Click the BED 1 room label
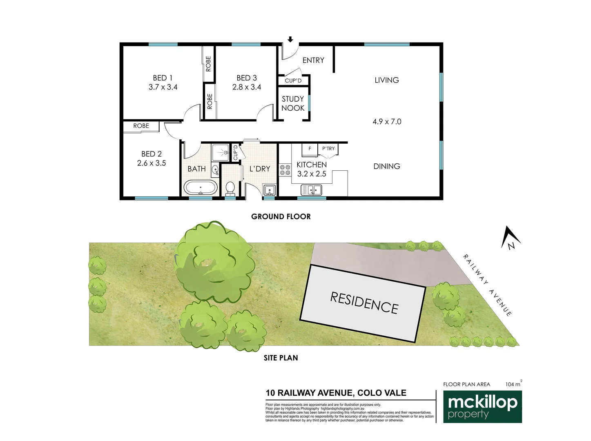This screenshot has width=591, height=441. (x=163, y=78)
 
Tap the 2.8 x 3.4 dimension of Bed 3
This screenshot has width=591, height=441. (x=247, y=87)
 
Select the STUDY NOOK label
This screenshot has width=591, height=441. (x=293, y=103)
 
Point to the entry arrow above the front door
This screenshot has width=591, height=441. (x=290, y=39)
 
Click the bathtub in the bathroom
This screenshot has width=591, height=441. (x=200, y=188)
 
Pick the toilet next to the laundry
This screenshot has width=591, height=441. (x=230, y=189)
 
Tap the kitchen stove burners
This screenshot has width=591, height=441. (x=285, y=170)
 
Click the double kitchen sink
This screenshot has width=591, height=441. (x=311, y=190)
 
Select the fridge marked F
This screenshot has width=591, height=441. (x=310, y=149)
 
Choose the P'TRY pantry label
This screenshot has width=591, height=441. (x=328, y=149)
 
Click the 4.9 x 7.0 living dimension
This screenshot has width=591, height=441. (x=387, y=121)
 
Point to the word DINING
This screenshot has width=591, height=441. (x=387, y=166)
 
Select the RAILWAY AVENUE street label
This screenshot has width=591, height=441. (x=487, y=285)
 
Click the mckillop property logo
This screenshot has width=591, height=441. (x=482, y=407)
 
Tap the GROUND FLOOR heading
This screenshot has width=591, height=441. (x=281, y=216)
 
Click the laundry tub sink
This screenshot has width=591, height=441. (x=269, y=191)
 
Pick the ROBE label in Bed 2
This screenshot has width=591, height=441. (x=141, y=126)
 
